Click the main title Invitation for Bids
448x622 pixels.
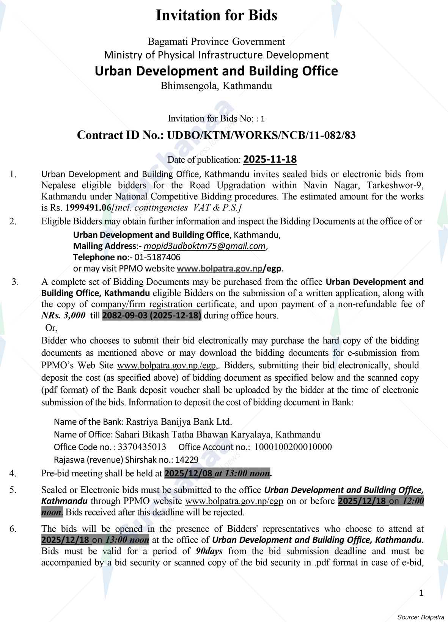[217, 16]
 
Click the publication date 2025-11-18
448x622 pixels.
[270, 159]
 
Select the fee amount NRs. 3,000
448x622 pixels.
[63, 316]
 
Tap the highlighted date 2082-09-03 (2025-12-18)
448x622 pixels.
[152, 316]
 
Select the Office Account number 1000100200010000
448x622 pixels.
[293, 447]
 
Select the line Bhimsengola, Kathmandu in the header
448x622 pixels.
[216, 86]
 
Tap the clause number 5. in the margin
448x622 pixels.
[13, 490]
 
